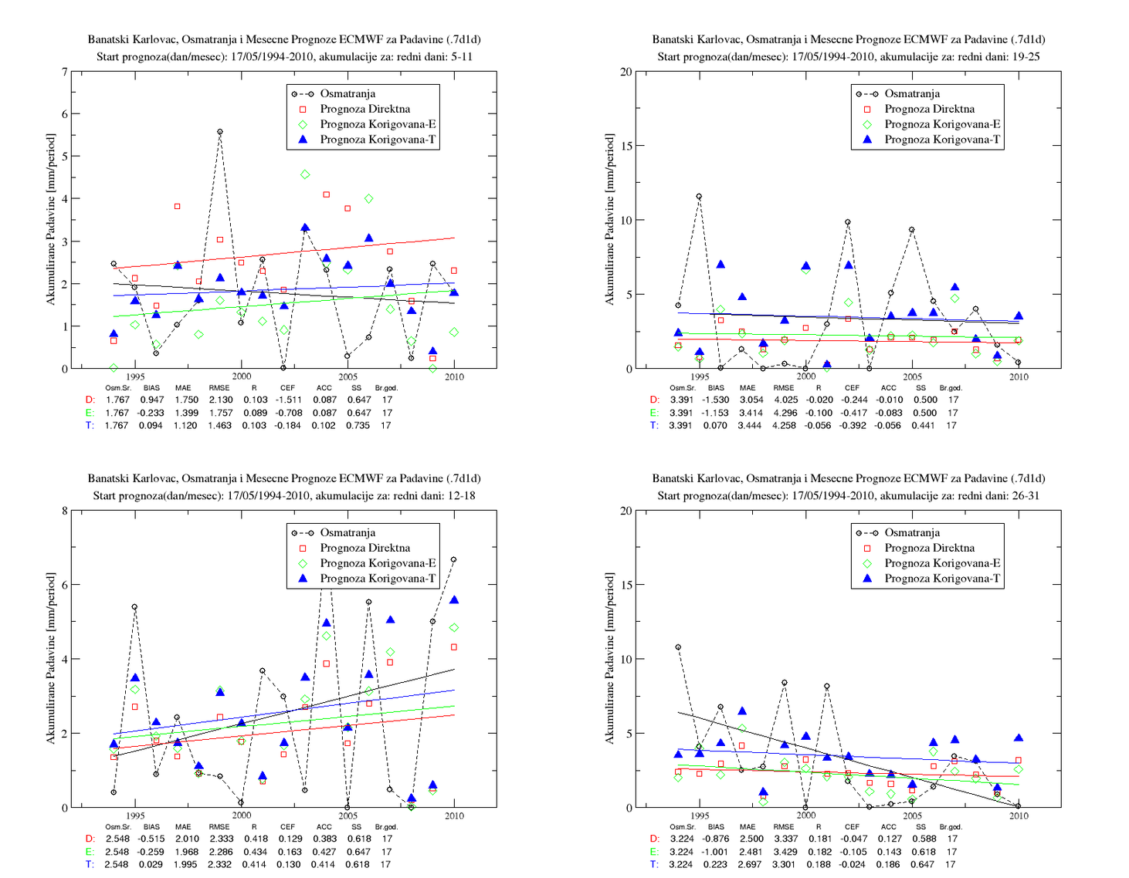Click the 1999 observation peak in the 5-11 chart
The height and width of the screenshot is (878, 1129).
(220, 132)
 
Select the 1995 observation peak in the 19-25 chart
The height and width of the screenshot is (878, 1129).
(699, 197)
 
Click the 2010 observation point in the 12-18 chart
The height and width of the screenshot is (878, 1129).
(453, 559)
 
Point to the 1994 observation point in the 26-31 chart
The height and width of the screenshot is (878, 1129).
(677, 647)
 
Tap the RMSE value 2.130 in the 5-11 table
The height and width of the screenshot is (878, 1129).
(220, 400)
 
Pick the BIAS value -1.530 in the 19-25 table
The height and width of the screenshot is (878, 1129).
(715, 400)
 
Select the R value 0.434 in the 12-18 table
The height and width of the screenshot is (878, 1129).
(255, 852)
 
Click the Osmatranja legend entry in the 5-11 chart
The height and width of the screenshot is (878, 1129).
(348, 94)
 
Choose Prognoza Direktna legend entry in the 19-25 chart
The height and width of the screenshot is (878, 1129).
(930, 109)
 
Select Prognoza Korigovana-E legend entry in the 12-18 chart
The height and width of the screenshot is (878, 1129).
(378, 563)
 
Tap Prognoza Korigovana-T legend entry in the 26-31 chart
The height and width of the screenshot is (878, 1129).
(942, 579)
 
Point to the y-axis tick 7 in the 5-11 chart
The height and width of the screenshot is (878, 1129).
(65, 72)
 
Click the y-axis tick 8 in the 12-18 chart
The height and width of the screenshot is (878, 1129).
(65, 511)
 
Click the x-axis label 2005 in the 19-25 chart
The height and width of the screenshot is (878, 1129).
(912, 377)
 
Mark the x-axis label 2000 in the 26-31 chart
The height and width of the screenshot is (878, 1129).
(806, 816)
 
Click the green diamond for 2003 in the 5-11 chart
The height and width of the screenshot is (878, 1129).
(305, 174)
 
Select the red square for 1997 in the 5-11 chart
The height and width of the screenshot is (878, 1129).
(177, 207)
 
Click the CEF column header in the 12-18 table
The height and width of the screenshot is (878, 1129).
(287, 826)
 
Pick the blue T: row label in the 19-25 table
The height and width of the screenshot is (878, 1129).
(654, 426)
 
